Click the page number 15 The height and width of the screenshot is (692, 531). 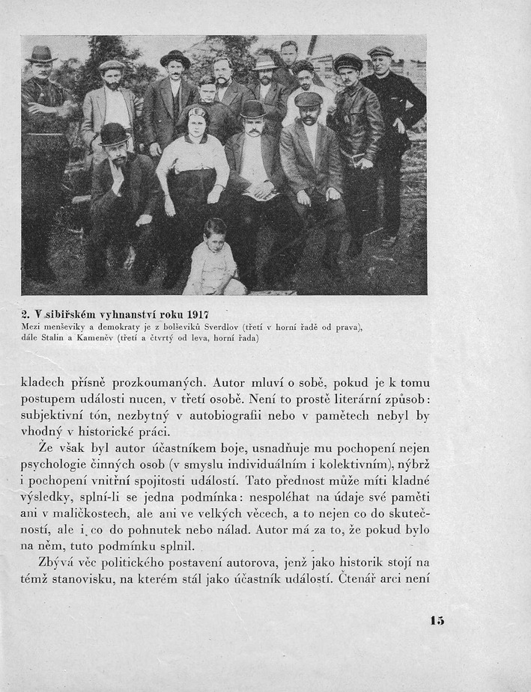437,620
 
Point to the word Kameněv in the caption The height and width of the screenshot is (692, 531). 91,338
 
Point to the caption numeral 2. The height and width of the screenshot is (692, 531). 25,314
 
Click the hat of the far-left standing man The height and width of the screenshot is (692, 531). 41,54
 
